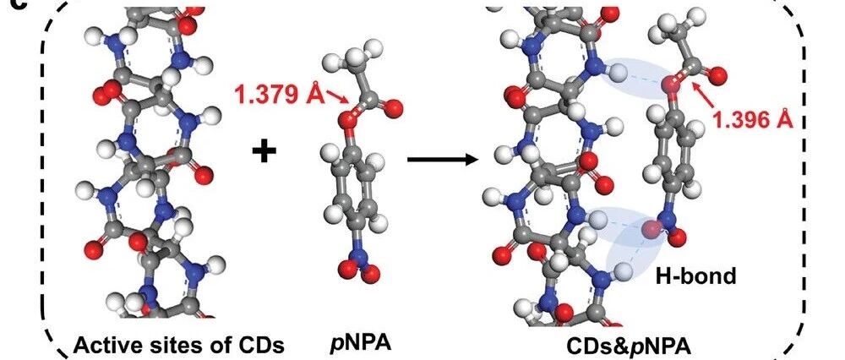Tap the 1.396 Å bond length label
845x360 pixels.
(x=757, y=119)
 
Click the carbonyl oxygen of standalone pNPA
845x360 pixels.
(x=395, y=108)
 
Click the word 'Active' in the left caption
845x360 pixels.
(x=100, y=344)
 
